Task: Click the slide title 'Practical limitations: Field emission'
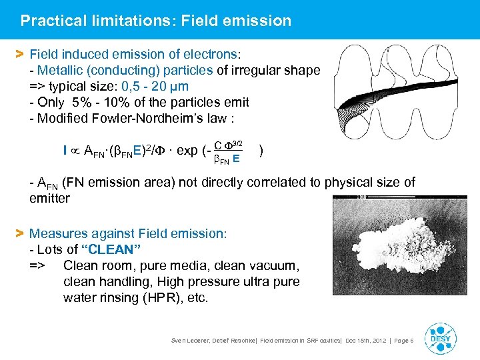click(x=155, y=21)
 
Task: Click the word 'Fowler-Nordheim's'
click(x=136, y=118)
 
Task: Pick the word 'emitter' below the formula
click(x=49, y=198)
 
